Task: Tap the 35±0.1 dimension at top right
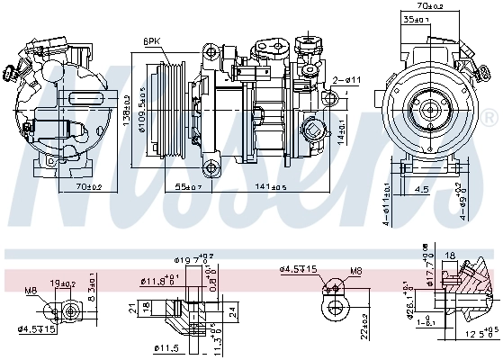click(x=417, y=18)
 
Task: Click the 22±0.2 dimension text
click(x=364, y=323)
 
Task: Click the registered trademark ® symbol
click(x=488, y=119)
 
